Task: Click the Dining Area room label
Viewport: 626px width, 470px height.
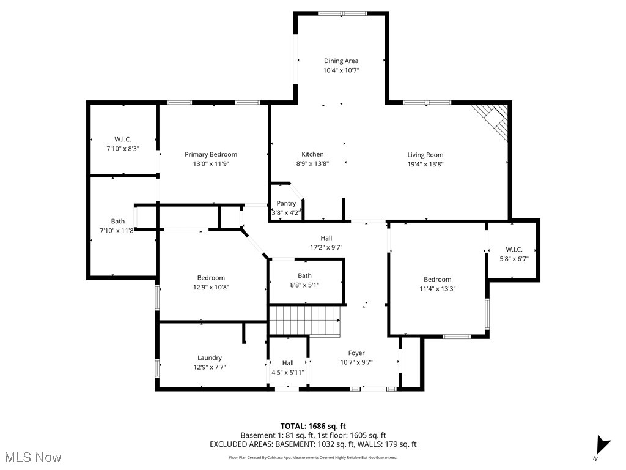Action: (x=341, y=61)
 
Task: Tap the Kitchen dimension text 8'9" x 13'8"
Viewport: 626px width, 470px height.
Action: (x=312, y=163)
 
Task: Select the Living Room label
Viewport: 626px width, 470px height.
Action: (x=425, y=155)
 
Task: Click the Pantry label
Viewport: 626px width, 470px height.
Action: (x=286, y=203)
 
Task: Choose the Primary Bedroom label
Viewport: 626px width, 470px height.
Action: (x=211, y=154)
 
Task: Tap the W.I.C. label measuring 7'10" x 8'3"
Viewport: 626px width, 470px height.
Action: (x=123, y=139)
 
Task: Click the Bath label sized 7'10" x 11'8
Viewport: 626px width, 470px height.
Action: (x=118, y=221)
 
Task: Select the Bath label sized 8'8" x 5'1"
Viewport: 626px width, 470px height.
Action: (x=304, y=275)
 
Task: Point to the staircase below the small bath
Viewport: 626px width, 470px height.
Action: (x=304, y=321)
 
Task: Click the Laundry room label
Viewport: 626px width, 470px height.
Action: (x=210, y=357)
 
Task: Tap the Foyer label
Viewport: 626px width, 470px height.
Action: (x=356, y=352)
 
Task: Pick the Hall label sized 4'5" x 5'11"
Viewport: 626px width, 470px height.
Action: (x=288, y=363)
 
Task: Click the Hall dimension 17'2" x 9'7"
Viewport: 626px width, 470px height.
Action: (x=326, y=247)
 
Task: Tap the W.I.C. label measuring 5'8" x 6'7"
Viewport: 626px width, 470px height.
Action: (x=514, y=249)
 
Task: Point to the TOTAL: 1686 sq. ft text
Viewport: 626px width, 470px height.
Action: (x=313, y=426)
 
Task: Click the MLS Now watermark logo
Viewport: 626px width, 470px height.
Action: (x=33, y=457)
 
